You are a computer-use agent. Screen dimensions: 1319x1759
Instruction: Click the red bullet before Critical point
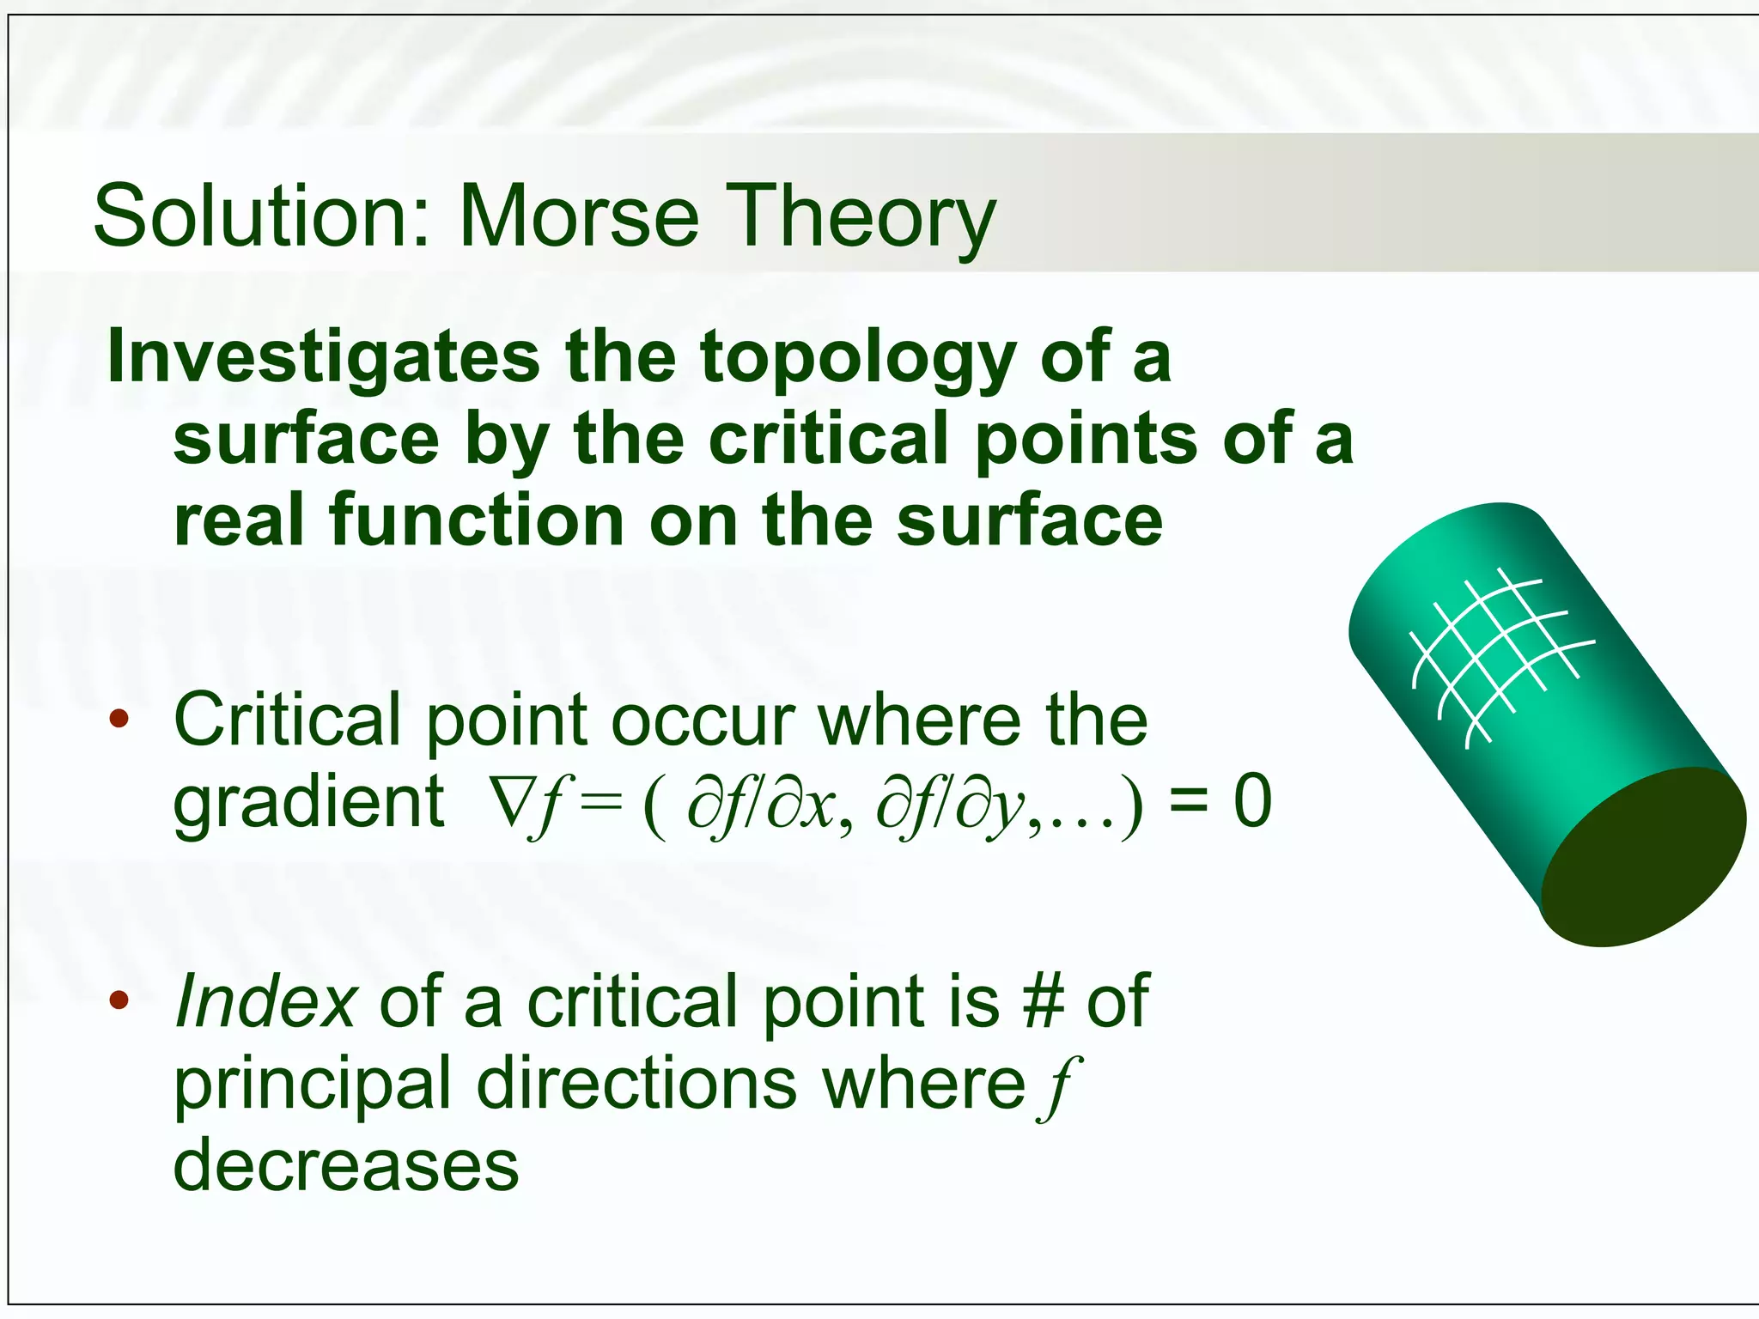pos(119,719)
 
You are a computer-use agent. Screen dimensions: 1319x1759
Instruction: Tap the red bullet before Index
pos(119,1000)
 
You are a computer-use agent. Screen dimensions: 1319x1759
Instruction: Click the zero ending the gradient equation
pos(1252,801)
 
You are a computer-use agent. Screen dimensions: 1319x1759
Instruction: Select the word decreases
pos(346,1165)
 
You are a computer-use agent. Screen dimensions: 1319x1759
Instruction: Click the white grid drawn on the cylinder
pos(1499,657)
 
